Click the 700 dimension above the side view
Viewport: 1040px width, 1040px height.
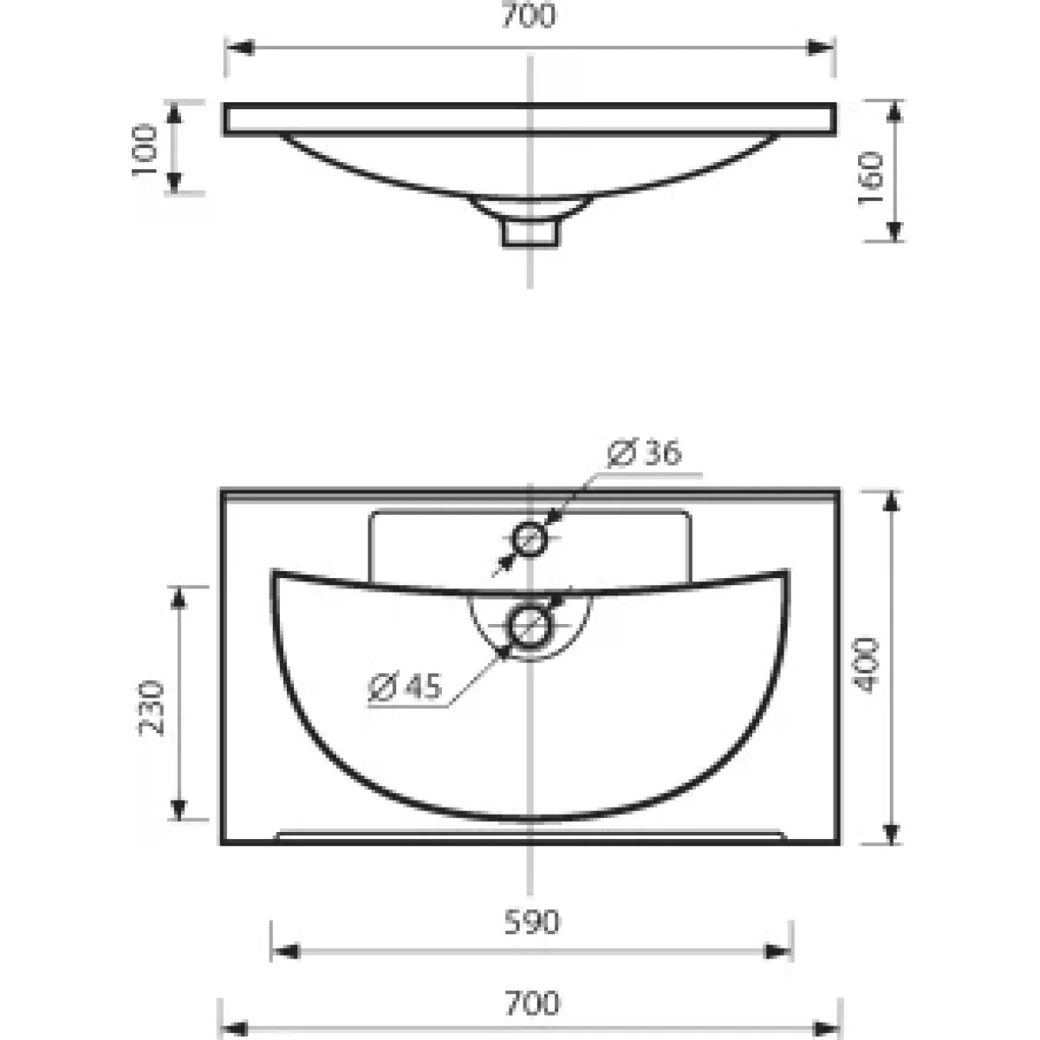click(529, 16)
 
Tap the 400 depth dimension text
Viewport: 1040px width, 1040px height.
click(865, 665)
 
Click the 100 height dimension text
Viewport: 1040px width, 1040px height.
click(145, 149)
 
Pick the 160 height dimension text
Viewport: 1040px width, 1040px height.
click(870, 179)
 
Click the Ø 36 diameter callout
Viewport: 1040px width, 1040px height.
click(645, 452)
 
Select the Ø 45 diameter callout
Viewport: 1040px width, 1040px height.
click(405, 687)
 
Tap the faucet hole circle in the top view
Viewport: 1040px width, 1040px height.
click(530, 538)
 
